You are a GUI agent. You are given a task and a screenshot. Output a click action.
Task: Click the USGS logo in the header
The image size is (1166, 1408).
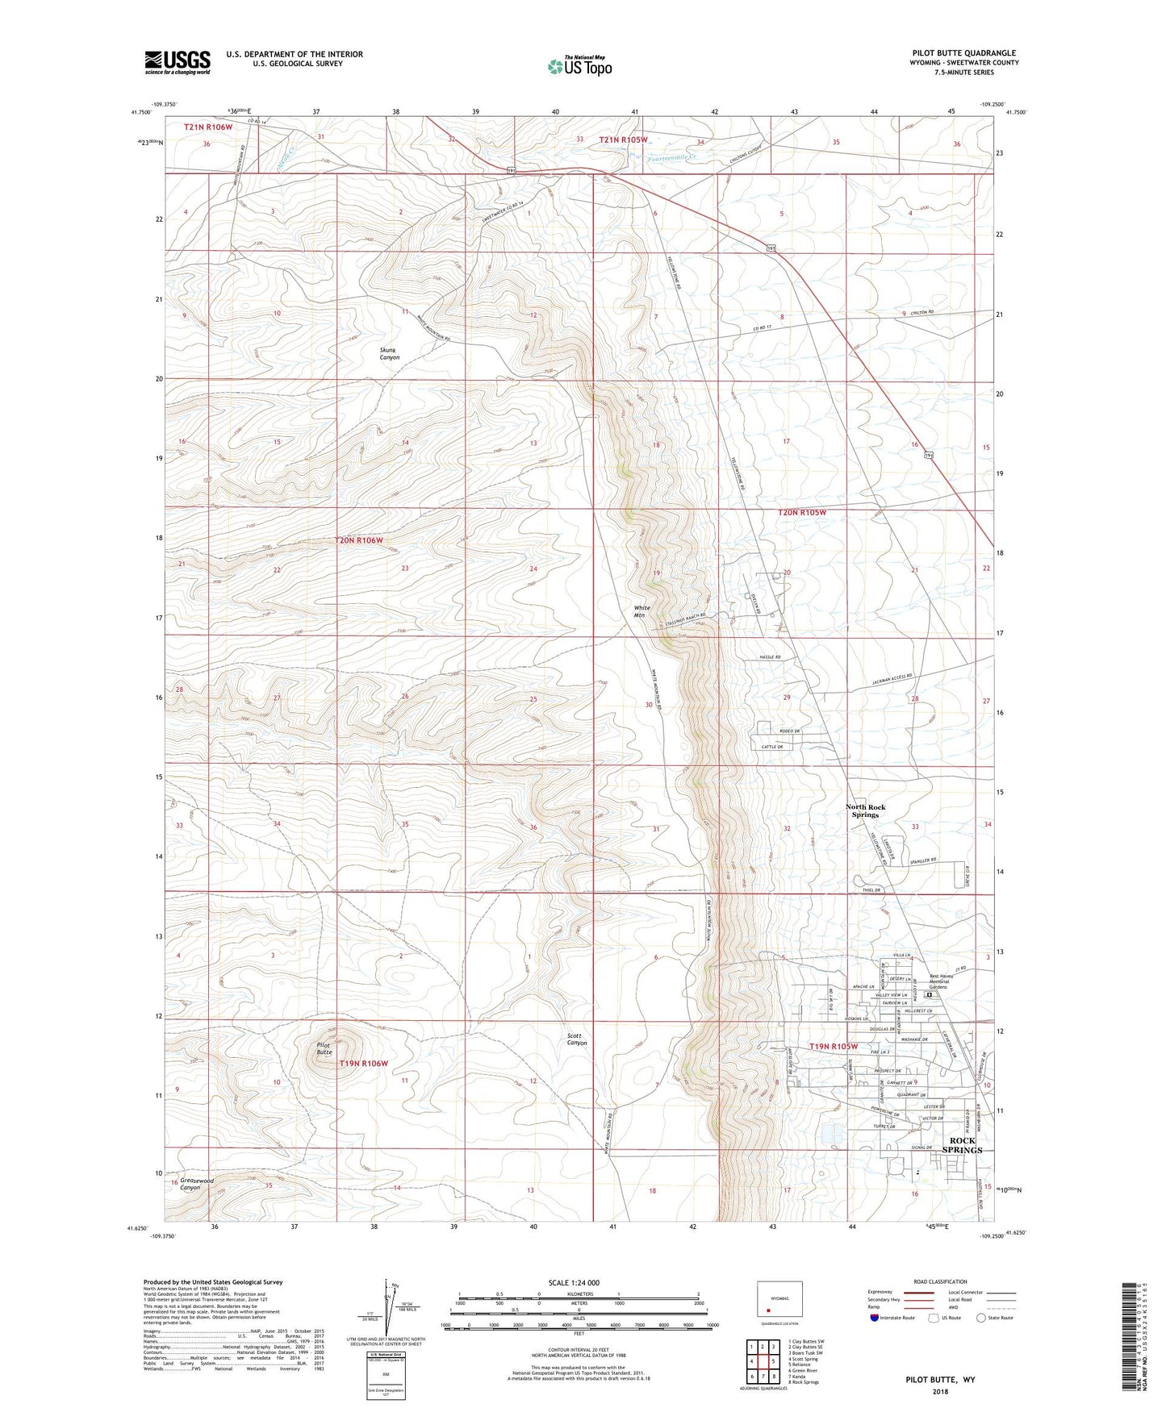point(177,63)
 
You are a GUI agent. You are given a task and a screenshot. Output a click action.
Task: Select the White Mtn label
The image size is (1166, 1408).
point(641,611)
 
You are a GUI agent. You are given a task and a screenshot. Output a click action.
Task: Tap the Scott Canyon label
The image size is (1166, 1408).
point(577,1039)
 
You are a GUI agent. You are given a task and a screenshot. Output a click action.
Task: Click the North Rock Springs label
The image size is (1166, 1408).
point(865,810)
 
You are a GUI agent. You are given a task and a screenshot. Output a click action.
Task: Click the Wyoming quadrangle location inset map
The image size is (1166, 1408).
point(779,1300)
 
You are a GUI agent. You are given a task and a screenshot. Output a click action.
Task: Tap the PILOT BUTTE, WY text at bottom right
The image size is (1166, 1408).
point(939,1380)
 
